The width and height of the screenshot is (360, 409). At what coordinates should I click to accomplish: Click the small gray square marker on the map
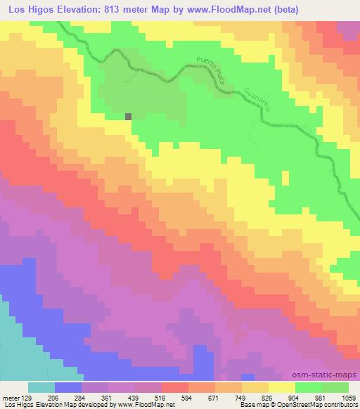point(129,117)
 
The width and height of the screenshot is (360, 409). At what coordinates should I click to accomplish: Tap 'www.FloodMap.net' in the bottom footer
point(146,404)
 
